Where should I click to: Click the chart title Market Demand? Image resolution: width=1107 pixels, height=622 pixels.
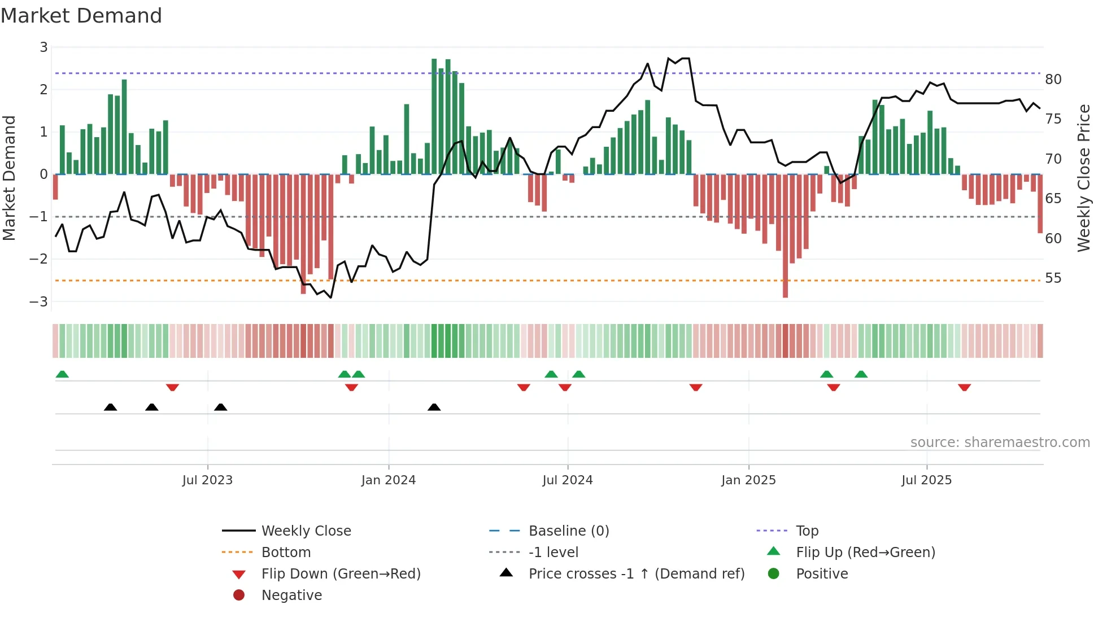coord(81,16)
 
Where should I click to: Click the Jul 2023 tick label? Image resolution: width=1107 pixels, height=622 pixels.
coord(207,480)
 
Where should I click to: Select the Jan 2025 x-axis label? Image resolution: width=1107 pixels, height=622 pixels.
coord(748,480)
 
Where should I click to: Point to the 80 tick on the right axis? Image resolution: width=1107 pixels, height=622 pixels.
coord(1053,80)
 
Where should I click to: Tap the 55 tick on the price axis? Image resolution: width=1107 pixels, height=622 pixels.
coord(1053,278)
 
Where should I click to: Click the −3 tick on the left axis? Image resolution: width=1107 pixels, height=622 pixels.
coord(39,302)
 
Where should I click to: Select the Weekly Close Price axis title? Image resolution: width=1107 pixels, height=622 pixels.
coord(1083,178)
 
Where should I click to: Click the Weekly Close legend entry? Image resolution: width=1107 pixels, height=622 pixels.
coord(306,531)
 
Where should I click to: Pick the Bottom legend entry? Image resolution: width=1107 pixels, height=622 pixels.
coord(286,553)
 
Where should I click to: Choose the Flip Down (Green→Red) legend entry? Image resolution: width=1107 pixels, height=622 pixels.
coord(341,574)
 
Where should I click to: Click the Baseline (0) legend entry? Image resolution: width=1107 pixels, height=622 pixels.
coord(568,531)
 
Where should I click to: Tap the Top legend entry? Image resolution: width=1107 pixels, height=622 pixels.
coord(807,531)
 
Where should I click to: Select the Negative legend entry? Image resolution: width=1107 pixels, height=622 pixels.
coord(291,595)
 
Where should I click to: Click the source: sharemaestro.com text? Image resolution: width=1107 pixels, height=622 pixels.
coord(1000,443)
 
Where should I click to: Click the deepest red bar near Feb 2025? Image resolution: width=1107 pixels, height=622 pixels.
coord(785,237)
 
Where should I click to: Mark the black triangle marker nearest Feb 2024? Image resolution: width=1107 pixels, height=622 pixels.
coord(434,407)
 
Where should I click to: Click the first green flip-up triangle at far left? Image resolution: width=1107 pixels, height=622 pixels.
coord(62,374)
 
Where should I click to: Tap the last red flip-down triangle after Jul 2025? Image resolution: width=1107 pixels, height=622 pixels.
coord(964,387)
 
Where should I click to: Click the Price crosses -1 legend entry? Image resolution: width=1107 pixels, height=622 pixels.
coord(636,574)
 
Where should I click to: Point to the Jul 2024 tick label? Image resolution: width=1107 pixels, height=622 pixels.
coord(567,480)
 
